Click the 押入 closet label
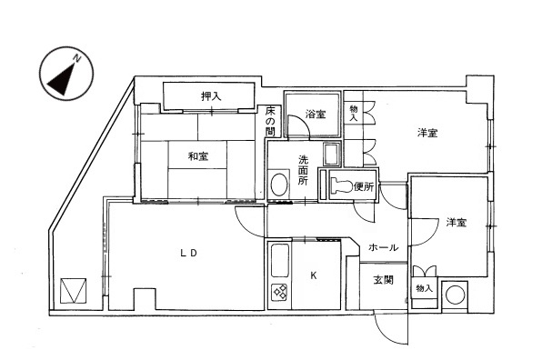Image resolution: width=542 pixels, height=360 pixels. pos(211,95)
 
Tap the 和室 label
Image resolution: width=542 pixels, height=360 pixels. pos(199,156)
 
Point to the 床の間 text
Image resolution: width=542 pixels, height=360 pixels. pos(271,121)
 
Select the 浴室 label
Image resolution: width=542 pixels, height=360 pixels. pos(316,115)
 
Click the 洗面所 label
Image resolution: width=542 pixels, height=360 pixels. pos(304,170)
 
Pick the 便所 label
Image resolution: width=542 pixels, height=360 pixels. pos(364,187)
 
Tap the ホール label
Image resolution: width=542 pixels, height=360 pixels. pos(383,247)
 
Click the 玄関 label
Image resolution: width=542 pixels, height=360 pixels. pos(383,280)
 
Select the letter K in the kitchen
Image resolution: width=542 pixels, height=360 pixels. pos(314,274)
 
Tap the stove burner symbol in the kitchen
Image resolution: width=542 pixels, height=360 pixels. pos(279,293)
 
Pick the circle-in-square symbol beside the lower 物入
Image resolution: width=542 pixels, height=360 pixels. pos(455,295)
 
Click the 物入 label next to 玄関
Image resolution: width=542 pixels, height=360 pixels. pos(424,288)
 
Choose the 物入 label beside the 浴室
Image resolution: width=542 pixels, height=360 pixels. pos(354,113)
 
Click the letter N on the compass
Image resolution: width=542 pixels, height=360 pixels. pos(79,58)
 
